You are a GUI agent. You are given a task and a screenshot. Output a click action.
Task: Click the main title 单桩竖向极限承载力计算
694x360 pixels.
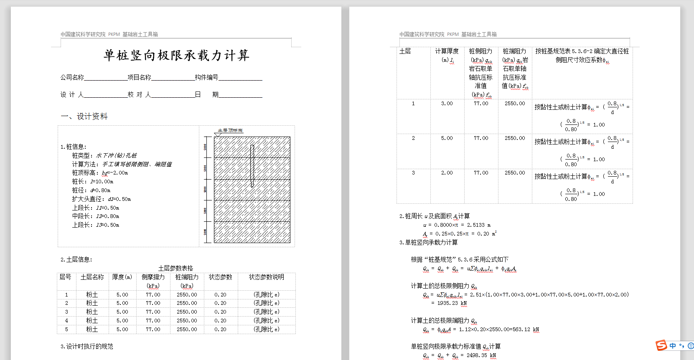click(176, 55)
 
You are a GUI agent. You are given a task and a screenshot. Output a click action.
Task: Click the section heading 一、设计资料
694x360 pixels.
click(84, 117)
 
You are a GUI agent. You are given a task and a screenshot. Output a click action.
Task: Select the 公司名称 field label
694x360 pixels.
click(72, 77)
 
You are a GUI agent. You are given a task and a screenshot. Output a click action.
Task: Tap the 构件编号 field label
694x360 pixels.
click(206, 77)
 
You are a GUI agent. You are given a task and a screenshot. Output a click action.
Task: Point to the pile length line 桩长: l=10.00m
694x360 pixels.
click(92, 182)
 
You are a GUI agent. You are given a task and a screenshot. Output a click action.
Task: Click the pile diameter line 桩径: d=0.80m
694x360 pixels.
click(91, 190)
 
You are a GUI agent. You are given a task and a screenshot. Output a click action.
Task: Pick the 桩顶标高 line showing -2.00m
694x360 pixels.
click(100, 173)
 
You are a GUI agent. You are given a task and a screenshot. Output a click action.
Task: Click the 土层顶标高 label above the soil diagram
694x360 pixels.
click(230, 130)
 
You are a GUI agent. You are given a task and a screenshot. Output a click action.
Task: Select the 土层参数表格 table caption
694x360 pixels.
click(175, 268)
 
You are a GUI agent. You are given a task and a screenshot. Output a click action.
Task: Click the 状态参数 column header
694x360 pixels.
click(220, 277)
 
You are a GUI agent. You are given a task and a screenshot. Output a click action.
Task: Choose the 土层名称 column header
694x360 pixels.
click(92, 277)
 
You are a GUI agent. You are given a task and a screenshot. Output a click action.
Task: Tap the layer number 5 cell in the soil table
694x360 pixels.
click(66, 330)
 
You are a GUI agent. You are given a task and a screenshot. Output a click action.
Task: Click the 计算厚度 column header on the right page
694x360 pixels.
click(447, 51)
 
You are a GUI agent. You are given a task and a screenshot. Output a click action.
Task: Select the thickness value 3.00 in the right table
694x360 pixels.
click(447, 104)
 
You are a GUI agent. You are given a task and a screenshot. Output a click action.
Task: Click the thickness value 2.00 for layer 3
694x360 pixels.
click(447, 173)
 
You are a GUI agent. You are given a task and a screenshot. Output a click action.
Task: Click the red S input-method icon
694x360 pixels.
click(661, 345)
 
